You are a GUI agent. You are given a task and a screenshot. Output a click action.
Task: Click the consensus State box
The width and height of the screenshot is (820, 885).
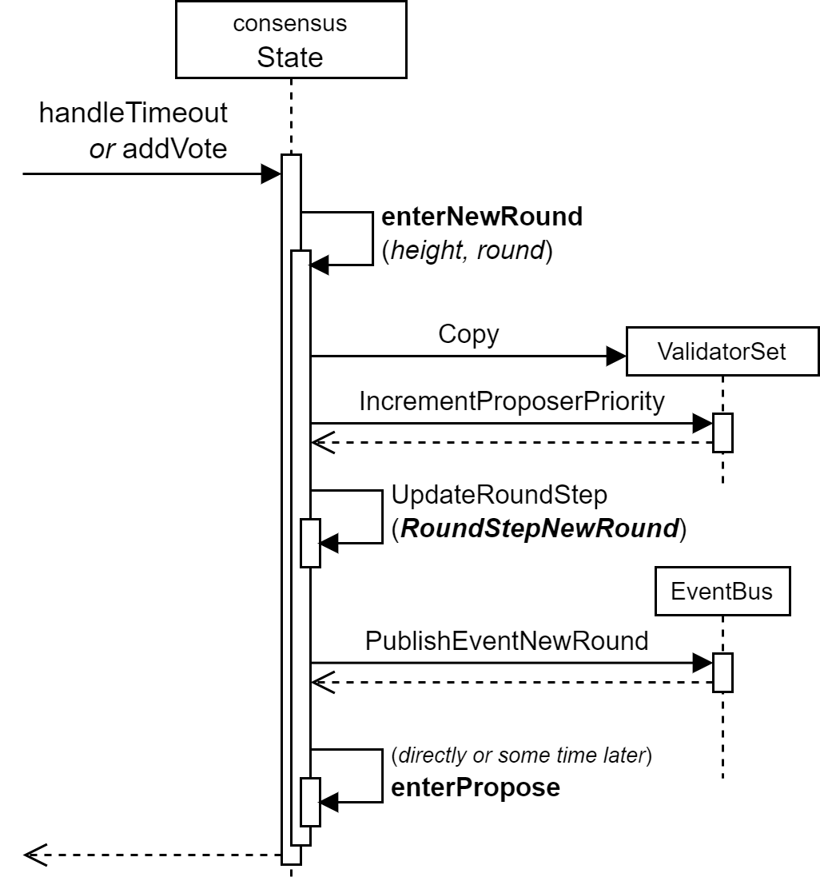(x=290, y=38)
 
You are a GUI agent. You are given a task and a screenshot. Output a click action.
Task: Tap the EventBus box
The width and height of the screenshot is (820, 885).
(x=722, y=592)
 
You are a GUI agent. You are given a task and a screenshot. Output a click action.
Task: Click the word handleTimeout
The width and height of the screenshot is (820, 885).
(x=133, y=114)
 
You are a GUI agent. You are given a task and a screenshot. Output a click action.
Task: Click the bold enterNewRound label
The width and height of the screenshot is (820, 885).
(x=482, y=217)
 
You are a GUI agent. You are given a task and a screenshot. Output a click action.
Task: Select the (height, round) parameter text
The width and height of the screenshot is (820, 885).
(x=468, y=251)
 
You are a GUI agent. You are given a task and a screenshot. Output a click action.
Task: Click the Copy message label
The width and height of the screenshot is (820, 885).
(x=468, y=334)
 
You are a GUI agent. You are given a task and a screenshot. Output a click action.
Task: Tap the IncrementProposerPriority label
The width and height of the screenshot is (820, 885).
(x=512, y=401)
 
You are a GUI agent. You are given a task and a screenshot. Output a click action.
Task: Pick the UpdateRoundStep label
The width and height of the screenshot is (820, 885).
(x=500, y=495)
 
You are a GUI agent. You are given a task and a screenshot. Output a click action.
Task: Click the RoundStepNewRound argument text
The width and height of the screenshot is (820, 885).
(x=538, y=528)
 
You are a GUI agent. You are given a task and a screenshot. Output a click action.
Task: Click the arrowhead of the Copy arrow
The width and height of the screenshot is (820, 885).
(x=616, y=353)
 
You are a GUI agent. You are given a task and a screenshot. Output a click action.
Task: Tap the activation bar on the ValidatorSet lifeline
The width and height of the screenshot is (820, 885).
(x=722, y=433)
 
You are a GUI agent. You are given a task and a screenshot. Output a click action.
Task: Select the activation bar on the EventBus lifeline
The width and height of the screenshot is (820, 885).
(x=722, y=672)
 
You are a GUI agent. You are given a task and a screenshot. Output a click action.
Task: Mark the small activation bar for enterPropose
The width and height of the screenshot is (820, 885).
(x=310, y=802)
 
